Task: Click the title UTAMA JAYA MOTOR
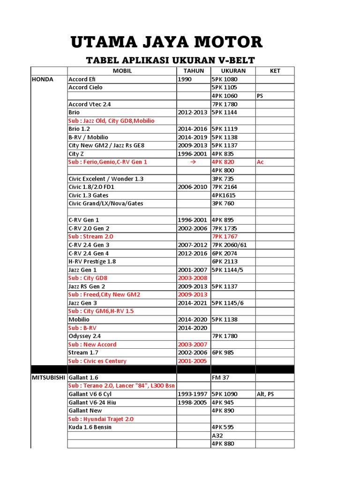point(166,43)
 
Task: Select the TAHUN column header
point(193,71)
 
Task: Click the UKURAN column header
point(232,71)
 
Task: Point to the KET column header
point(275,71)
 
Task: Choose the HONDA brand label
point(42,79)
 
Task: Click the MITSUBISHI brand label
point(49,377)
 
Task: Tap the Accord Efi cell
point(82,79)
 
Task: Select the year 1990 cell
point(185,79)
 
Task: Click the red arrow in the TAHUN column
point(193,162)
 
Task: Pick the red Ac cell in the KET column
point(261,162)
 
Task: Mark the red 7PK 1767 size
point(225,236)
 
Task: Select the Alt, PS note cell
point(265,394)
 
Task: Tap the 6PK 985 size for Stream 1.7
point(223,352)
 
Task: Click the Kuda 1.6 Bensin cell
point(90,427)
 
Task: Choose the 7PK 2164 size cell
point(225,187)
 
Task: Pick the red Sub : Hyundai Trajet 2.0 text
point(101,419)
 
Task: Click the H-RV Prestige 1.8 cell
point(92,262)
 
